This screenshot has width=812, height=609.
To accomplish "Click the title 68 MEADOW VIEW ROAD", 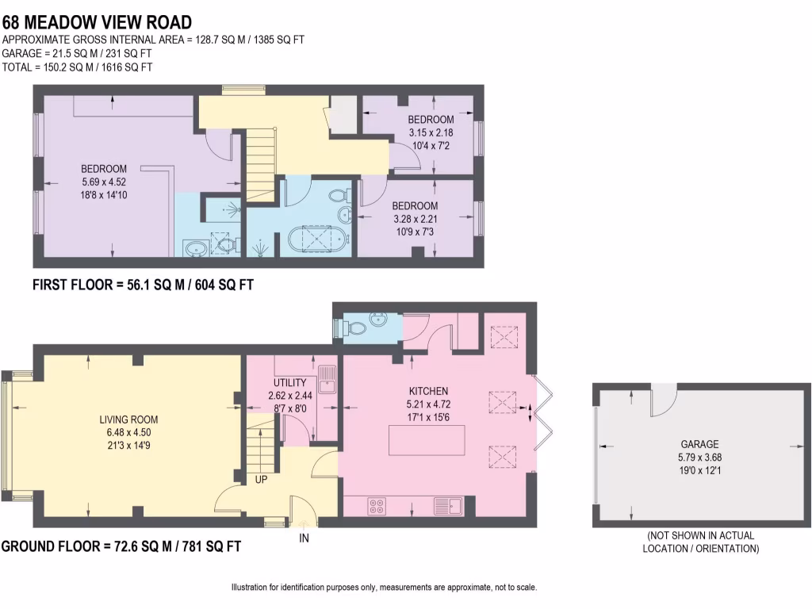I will (x=97, y=21).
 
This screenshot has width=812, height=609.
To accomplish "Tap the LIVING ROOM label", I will (x=128, y=420).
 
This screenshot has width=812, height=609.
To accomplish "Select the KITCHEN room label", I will (x=428, y=391).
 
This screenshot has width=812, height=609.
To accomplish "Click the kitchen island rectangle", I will (x=426, y=440).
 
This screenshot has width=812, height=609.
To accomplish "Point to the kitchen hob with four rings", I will (x=376, y=506).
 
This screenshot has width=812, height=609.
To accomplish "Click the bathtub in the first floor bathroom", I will (x=317, y=239).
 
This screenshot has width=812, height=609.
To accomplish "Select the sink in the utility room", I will (x=327, y=379).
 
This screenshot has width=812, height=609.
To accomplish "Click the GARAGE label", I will (x=699, y=445).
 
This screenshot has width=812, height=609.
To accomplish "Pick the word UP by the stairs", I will (x=261, y=480).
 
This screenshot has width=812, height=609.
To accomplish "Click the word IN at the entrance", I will (x=303, y=539).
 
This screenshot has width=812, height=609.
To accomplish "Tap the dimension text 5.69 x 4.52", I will (x=104, y=180).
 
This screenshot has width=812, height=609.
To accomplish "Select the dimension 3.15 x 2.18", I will (x=431, y=132).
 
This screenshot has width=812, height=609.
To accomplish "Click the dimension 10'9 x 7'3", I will (x=414, y=231).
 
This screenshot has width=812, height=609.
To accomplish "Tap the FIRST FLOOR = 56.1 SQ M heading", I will (x=143, y=285).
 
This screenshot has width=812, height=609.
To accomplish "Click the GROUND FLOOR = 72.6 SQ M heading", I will (x=121, y=546).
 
